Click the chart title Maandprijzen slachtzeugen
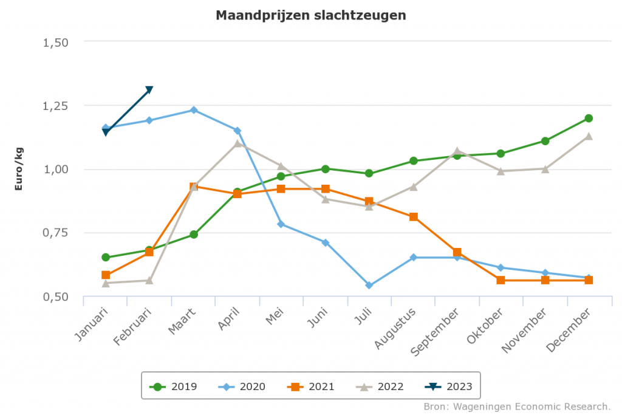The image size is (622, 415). coord(310,15)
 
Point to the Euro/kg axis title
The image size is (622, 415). coord(18,168)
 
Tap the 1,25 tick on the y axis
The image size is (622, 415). coord(56,106)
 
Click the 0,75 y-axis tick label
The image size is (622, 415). coord(56,233)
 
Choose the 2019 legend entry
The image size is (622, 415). coord(174,386)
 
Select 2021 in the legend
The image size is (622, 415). coord(312,386)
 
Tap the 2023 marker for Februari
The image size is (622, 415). coord(149,91)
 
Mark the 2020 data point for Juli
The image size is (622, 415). coord(369,285)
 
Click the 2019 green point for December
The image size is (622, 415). coord(589,118)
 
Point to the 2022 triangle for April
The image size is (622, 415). coord(238,143)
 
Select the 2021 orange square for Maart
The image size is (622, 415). coord(193,187)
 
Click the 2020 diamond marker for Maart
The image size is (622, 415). coord(193,110)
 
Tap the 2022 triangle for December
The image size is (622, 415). coord(589,136)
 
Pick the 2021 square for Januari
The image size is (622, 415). coord(106,275)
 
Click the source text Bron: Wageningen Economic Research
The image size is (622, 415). coord(516,406)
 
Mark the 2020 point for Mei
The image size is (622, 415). coord(281,224)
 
